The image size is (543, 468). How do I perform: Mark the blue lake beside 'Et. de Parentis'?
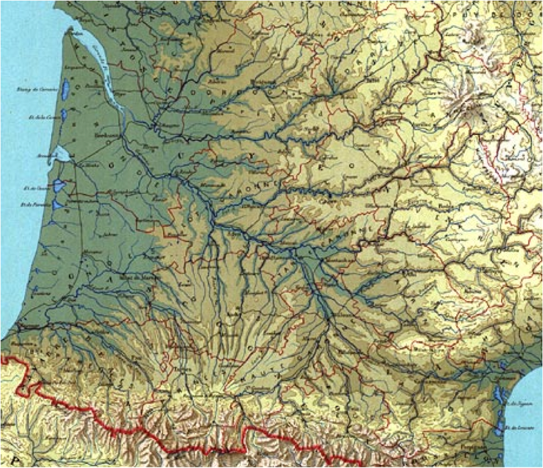[x=57, y=205]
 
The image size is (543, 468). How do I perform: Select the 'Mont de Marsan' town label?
[x=134, y=276]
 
